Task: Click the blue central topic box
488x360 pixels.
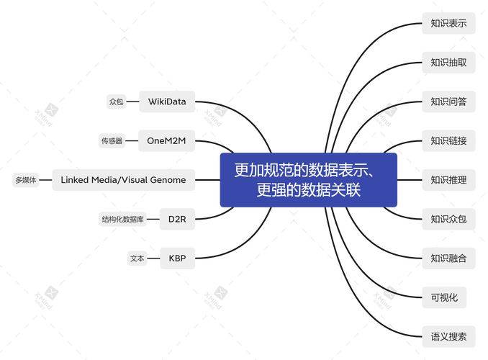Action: [309, 180]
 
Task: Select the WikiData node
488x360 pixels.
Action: [167, 102]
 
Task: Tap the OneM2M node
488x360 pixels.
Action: [166, 141]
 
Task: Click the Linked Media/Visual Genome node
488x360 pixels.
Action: [123, 180]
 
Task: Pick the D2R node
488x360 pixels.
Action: [177, 219]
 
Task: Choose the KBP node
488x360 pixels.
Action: [177, 258]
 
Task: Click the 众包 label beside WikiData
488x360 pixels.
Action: [117, 102]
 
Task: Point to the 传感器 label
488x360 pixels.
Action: [112, 141]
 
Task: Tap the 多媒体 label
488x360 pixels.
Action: [26, 180]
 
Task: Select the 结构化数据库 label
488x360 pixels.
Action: [122, 219]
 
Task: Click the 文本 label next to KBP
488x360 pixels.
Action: [137, 258]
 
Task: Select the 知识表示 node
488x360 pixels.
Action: [448, 23]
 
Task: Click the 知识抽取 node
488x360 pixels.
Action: [448, 63]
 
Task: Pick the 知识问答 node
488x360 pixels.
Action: [448, 102]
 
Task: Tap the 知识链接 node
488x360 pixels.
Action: [448, 141]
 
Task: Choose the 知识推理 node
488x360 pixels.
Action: [448, 180]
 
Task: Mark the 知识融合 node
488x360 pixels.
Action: [448, 258]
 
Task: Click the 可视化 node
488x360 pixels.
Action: [444, 297]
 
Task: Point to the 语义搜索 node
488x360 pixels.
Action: [448, 337]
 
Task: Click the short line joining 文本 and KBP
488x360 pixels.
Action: [153, 258]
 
